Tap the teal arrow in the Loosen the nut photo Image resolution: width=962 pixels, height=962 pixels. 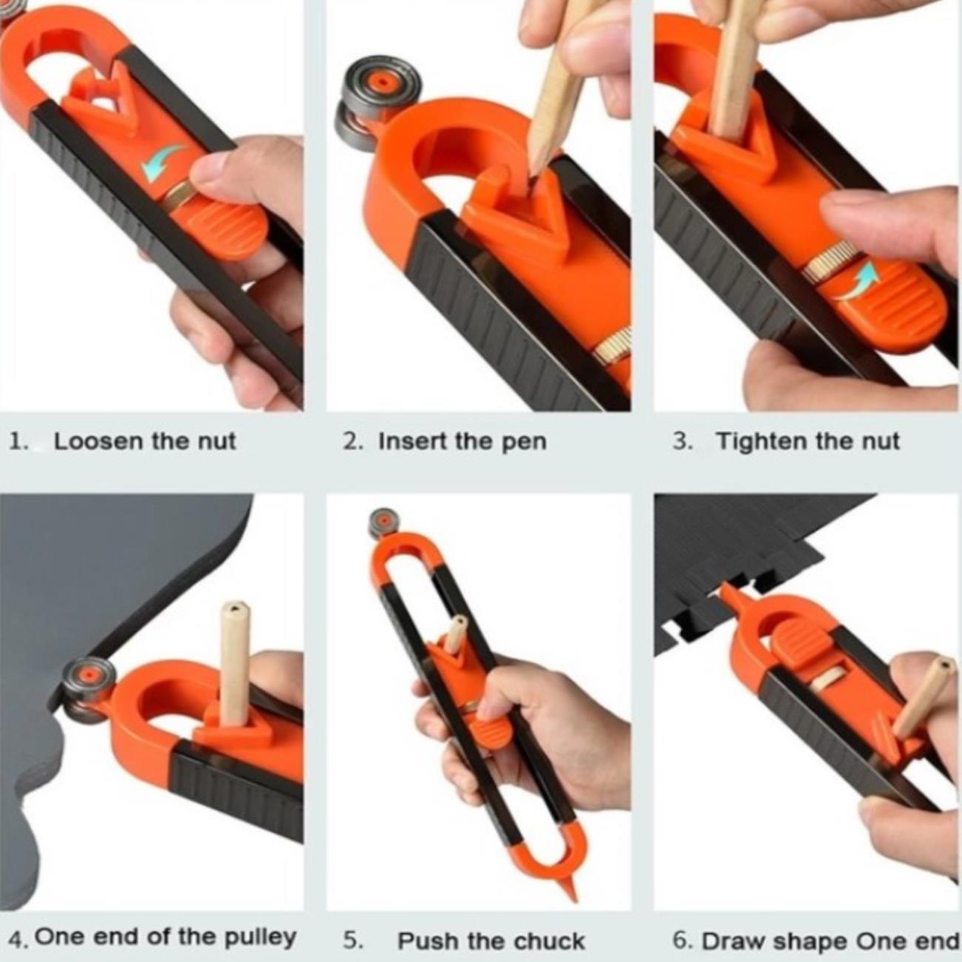(162, 160)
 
